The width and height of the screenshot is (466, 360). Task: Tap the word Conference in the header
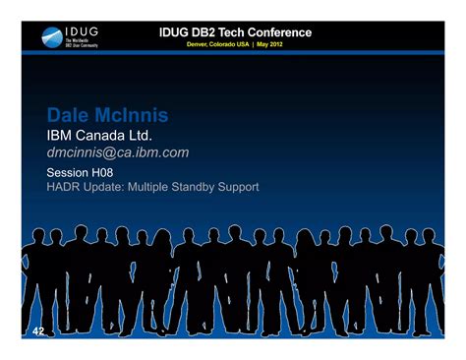click(x=277, y=32)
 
